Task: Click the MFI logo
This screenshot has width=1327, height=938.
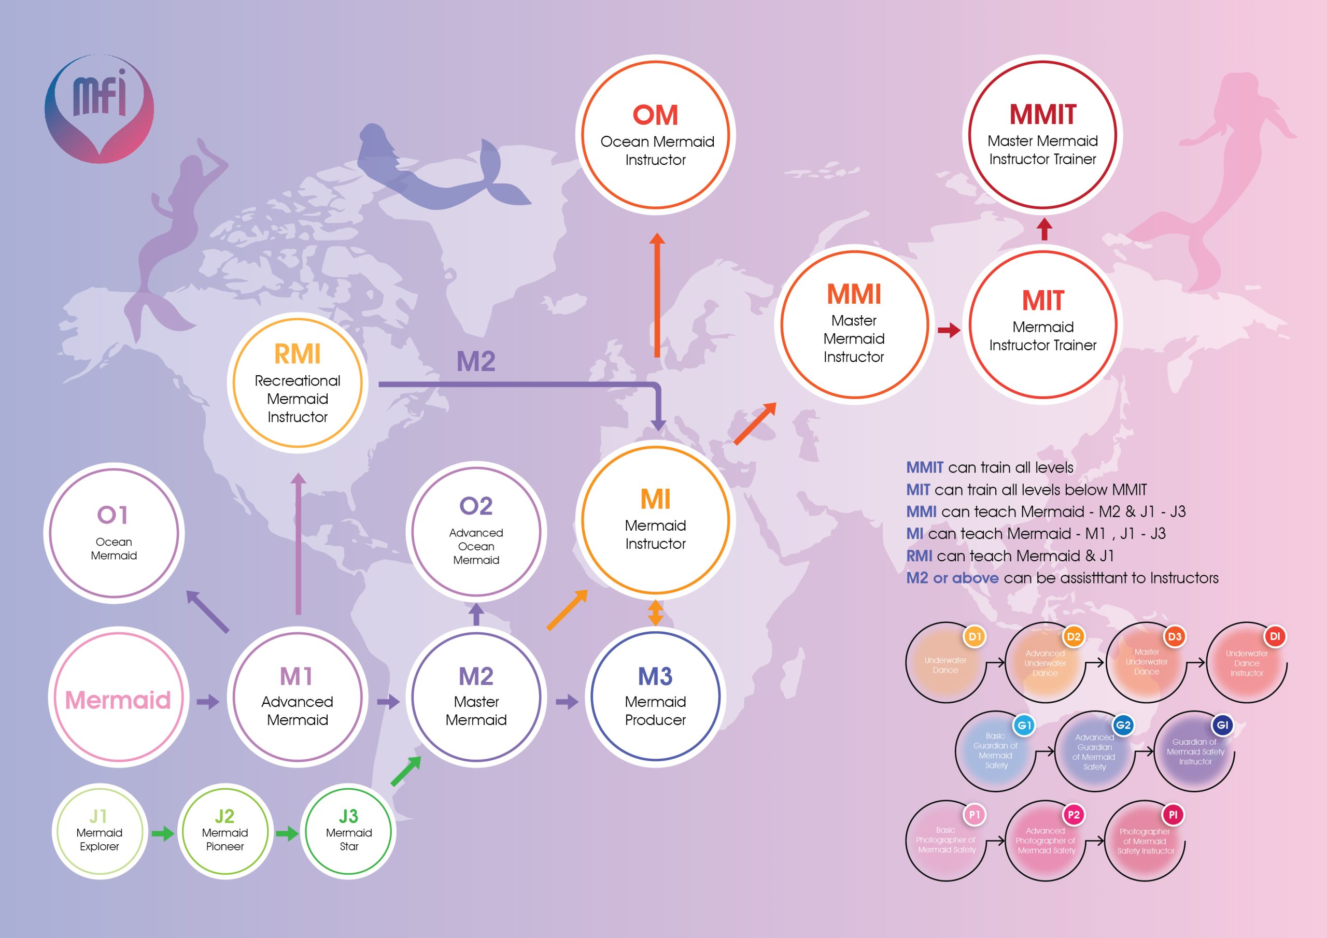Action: point(100,109)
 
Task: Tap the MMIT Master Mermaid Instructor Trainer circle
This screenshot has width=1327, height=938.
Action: point(1042,135)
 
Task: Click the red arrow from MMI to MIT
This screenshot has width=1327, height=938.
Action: point(949,330)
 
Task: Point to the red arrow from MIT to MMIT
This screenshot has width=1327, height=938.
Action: point(1044,229)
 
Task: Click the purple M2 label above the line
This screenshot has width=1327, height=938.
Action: point(476,362)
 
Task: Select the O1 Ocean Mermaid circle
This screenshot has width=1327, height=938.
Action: point(114,533)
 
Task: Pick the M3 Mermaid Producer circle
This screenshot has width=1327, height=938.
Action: point(655,697)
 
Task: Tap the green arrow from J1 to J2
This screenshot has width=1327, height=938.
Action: point(162,833)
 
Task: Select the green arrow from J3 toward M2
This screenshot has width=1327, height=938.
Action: point(406,772)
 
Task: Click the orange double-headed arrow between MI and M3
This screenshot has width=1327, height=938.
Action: point(655,613)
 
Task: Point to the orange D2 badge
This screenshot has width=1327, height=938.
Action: point(1074,637)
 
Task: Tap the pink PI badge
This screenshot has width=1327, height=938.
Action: point(1173,815)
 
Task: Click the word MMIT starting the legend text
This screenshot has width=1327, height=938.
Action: point(924,467)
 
